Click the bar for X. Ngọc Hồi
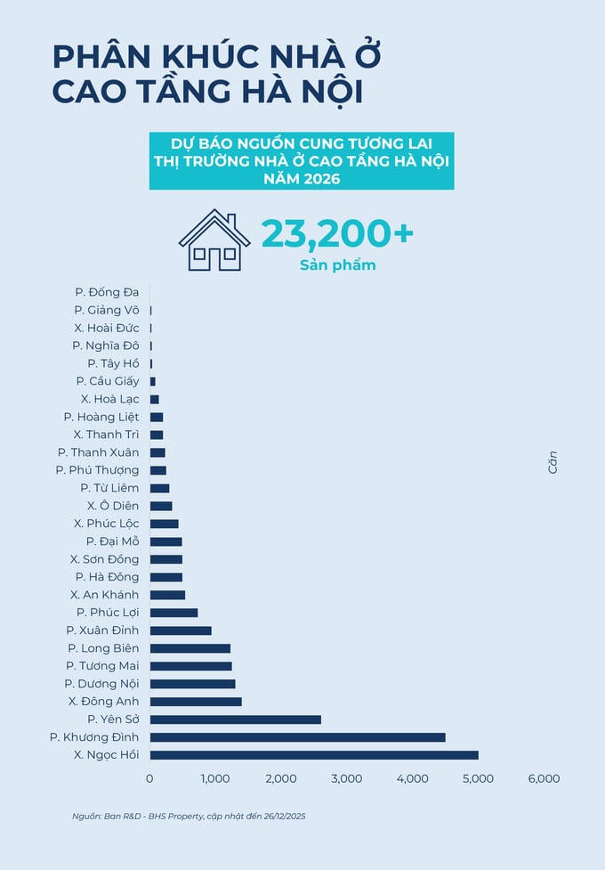click(314, 755)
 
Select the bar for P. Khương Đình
click(297, 737)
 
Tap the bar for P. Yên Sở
click(235, 720)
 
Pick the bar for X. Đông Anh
click(196, 702)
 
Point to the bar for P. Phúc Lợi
click(173, 613)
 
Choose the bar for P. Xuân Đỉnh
click(181, 630)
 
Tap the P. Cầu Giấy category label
click(108, 381)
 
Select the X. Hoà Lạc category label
click(109, 399)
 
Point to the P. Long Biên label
click(103, 648)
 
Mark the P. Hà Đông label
click(108, 577)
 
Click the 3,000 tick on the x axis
click(346, 778)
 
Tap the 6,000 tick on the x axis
click(544, 778)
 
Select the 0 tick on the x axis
click(149, 778)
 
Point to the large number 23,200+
click(337, 233)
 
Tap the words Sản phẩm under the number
click(337, 265)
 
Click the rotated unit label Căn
click(553, 461)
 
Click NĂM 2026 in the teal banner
click(302, 179)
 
